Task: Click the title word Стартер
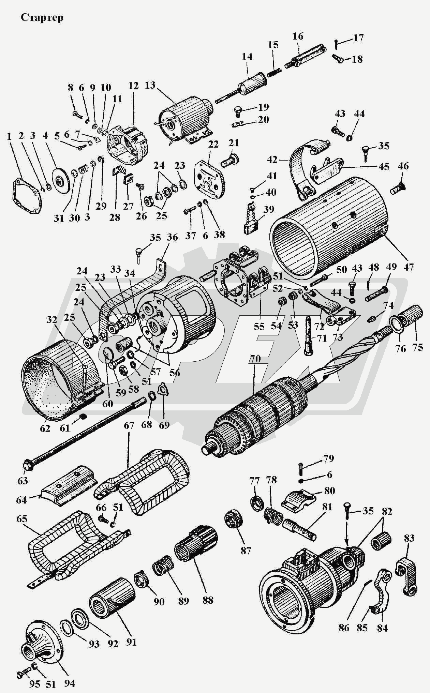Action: (42, 17)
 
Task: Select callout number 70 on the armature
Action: (255, 359)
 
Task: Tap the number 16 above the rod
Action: (298, 36)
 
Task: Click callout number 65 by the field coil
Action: (21, 519)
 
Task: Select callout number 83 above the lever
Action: (409, 538)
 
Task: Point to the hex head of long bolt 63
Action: (27, 465)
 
